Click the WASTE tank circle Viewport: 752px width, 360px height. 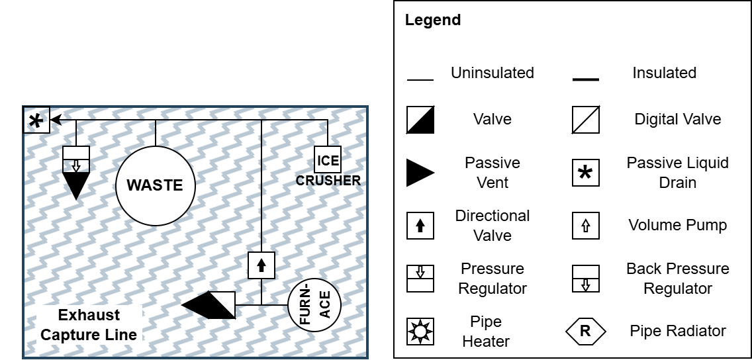(x=155, y=185)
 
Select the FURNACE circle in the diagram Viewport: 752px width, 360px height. (x=314, y=305)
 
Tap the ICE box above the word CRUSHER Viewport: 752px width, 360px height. (x=328, y=159)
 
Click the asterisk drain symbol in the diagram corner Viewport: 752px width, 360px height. (x=36, y=120)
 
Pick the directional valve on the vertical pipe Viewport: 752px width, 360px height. (x=261, y=265)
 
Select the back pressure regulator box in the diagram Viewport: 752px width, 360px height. (x=75, y=159)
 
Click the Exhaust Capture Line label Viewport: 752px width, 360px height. (x=89, y=324)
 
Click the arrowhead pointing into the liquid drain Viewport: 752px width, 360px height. (x=56, y=120)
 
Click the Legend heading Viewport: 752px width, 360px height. (x=432, y=20)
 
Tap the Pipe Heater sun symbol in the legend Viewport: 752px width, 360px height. (x=420, y=332)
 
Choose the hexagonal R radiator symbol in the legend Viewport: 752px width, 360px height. (x=585, y=332)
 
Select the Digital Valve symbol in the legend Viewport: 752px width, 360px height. (x=585, y=120)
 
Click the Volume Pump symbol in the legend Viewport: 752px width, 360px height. (x=585, y=226)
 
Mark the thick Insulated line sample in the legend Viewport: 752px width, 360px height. (x=585, y=79)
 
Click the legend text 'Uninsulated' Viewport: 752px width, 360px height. (x=492, y=73)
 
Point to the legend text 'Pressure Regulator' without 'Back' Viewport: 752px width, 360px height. (x=492, y=279)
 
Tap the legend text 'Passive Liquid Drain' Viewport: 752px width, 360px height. (x=677, y=173)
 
